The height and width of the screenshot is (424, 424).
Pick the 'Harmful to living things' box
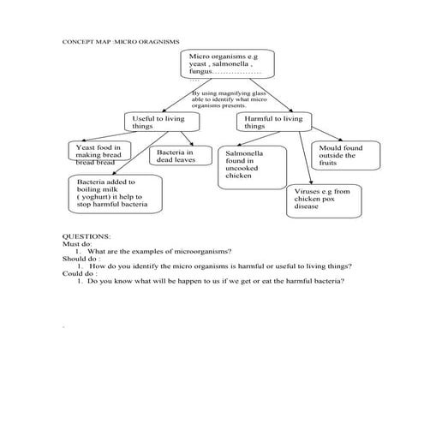272,122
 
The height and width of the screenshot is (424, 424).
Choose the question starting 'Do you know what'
216,281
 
